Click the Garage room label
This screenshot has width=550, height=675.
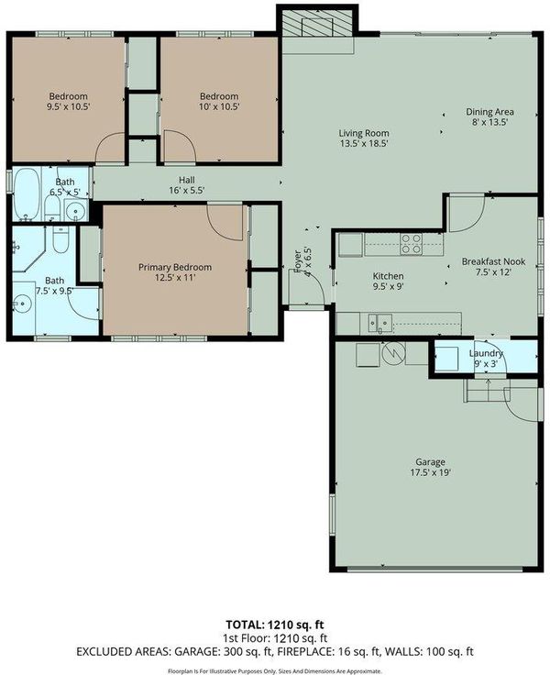pos(430,462)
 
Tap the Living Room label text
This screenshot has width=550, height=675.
pos(364,134)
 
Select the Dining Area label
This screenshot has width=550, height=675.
pos(489,112)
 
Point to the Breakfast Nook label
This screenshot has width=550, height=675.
pos(493,261)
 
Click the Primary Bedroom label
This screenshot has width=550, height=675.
pos(175,267)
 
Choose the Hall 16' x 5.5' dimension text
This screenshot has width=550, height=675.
pos(186,190)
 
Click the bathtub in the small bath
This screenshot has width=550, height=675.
pos(27,194)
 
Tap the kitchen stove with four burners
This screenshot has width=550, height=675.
pos(411,244)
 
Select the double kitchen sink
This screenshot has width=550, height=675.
pos(380,324)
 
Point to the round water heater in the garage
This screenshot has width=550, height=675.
pos(394,353)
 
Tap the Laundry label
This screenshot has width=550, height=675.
pos(486,353)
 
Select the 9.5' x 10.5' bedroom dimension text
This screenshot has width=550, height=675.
pos(68,106)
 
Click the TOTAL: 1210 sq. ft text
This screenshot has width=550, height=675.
pos(275,625)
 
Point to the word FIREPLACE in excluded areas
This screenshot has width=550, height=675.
pos(303,651)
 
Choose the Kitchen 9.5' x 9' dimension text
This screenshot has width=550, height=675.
pos(388,286)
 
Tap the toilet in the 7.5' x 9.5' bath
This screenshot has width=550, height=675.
pos(60,240)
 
